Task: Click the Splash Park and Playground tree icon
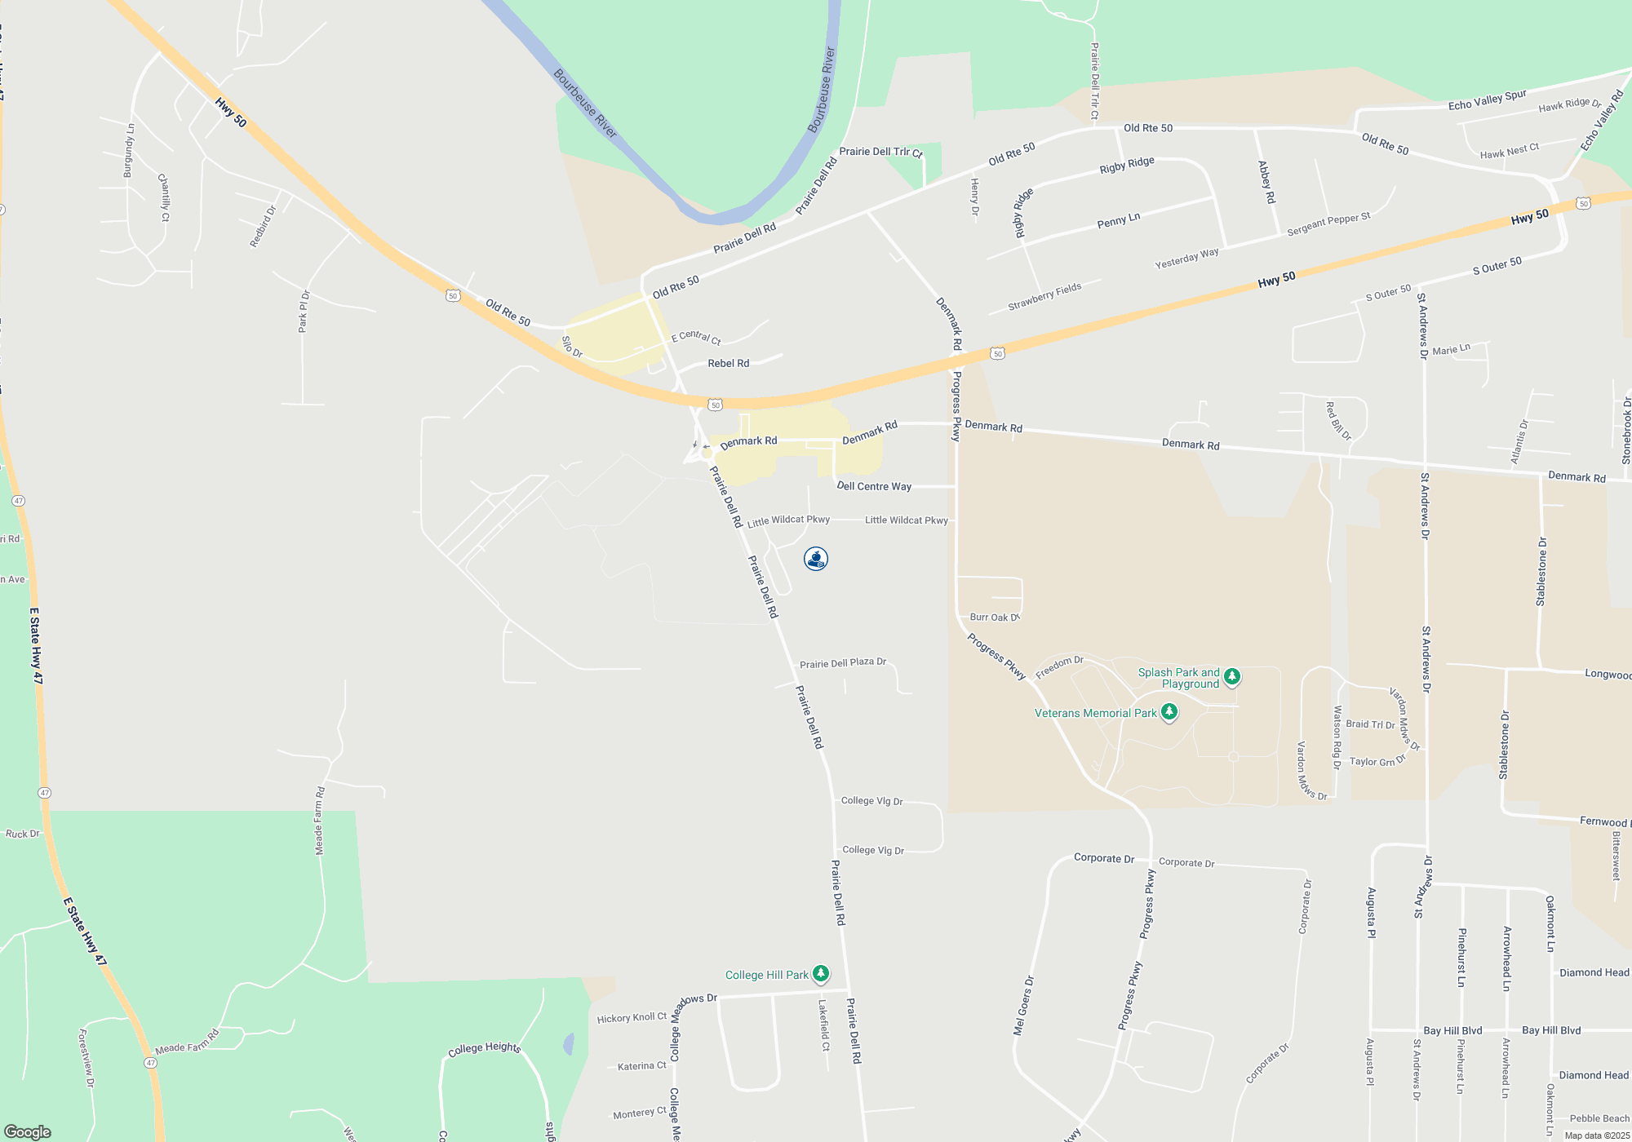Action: coord(1232,676)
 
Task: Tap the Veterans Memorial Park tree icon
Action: coord(1169,712)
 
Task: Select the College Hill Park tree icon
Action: coord(821,973)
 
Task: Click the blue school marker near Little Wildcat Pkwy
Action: coord(816,559)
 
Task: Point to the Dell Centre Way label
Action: coord(874,486)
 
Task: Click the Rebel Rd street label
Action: coord(728,363)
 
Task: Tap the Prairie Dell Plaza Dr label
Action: coord(842,663)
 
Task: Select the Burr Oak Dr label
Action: coord(994,617)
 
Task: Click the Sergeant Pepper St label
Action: coord(1328,224)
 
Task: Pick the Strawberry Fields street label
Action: coord(1044,297)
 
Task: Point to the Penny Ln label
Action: coord(1118,220)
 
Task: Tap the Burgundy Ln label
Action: coord(128,151)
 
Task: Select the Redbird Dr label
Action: coord(263,226)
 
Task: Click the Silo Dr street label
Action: coord(572,347)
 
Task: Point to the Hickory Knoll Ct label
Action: coord(631,1017)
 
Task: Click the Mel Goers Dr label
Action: coord(1023,1006)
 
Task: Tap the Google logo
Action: coord(28,1131)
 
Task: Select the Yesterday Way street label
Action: coord(1186,259)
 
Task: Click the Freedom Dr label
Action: coord(1059,667)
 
